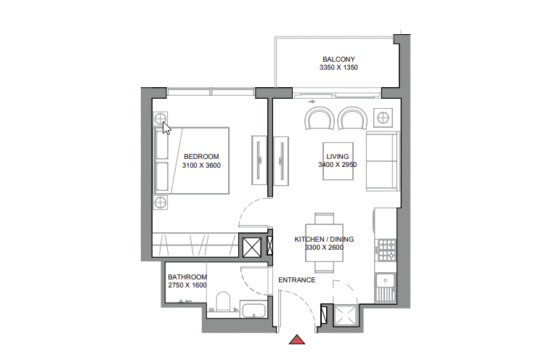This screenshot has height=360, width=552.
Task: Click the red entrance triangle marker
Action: pos(297,340)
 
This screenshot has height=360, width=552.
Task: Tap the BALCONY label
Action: pos(338,59)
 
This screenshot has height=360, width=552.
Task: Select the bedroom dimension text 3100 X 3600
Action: pos(201,165)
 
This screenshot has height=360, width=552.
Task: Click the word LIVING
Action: pos(338,157)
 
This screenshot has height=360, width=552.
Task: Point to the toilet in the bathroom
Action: pos(223,302)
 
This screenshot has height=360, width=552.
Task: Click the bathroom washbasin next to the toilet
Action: pos(253,309)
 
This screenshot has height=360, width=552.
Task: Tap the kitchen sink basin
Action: pos(386,280)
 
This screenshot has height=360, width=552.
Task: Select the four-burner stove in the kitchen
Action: pos(386,250)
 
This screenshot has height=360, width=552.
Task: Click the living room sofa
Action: pos(383,161)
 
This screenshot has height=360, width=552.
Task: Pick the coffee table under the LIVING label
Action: pos(338,161)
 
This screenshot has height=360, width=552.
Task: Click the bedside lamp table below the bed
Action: pos(161,202)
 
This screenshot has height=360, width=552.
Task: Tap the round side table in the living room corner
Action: pos(383,118)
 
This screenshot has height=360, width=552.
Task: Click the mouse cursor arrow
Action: pos(166,128)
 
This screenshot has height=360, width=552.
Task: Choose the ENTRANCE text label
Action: pos(297,280)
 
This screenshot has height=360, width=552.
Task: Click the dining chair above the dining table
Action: pos(324,218)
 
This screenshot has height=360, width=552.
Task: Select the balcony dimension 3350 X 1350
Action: pos(338,67)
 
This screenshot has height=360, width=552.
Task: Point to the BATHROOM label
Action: pos(187,277)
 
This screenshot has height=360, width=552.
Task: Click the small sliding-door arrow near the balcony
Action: pos(312,102)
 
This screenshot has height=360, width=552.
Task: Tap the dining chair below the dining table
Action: pos(324,267)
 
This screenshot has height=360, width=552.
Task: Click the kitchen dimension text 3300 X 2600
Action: pos(324,247)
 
